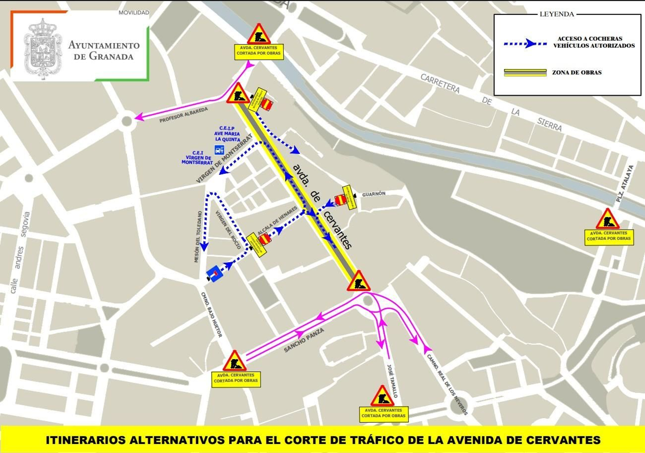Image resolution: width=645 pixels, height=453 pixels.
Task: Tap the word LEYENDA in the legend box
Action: (556, 14)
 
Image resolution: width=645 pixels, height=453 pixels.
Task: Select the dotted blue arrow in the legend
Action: (525, 44)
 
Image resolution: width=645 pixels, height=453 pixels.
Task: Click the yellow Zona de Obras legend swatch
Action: (525, 73)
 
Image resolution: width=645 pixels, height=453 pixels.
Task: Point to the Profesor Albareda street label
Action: (183, 115)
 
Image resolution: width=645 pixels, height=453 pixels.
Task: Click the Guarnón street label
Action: (374, 194)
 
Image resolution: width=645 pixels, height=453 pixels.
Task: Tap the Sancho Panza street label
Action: (304, 340)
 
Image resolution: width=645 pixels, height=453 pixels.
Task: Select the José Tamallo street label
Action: (392, 381)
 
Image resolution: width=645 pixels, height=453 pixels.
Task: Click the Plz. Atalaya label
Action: (625, 184)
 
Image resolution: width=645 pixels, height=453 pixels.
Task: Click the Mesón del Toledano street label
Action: (198, 237)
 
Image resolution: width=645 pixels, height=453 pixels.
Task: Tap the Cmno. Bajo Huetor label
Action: (212, 315)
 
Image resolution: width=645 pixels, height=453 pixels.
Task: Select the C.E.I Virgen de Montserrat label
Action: (197, 157)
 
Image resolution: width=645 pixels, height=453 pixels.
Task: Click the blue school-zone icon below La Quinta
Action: (219, 150)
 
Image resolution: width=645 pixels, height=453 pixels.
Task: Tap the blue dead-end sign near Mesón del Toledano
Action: (215, 273)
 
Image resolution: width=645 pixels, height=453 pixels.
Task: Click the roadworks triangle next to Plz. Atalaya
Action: (608, 220)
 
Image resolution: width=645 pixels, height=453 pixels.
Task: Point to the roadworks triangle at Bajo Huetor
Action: (235, 361)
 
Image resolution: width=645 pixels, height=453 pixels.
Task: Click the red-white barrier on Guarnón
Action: (341, 199)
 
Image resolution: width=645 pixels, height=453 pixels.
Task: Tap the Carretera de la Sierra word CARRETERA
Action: (440, 83)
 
